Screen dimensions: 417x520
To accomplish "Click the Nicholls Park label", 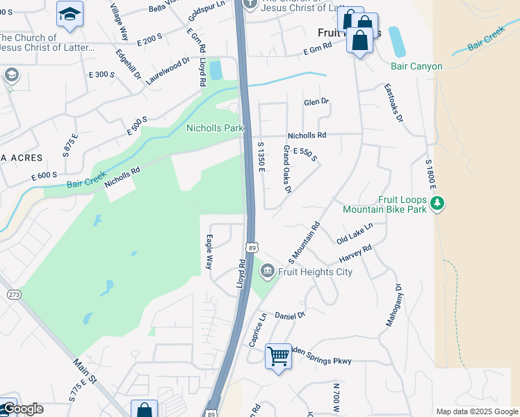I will tap(215, 128).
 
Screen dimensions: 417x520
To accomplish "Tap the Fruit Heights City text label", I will tap(315, 272).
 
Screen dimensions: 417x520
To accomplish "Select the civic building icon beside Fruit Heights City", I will tap(267, 271).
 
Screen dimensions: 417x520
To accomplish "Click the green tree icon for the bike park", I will tap(437, 204).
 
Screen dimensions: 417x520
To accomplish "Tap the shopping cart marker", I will tap(279, 357).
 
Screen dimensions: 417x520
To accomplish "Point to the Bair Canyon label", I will tap(416, 67).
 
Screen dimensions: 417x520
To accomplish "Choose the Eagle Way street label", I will tap(209, 252).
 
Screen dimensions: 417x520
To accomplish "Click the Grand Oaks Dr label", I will tap(286, 168).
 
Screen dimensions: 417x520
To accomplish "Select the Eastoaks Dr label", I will tap(393, 104).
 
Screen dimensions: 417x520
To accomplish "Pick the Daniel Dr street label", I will tap(290, 316).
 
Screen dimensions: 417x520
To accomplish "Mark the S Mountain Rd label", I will tap(304, 243).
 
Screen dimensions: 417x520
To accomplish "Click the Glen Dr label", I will tap(316, 101).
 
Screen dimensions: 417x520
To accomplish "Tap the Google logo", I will tap(22, 409).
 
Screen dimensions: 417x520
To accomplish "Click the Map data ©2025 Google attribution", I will tap(477, 411).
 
